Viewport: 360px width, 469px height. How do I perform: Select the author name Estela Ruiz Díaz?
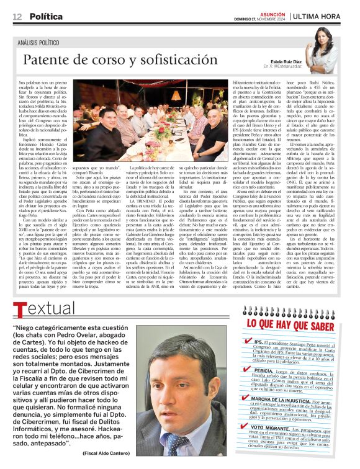pyautogui.click(x=281, y=61)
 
